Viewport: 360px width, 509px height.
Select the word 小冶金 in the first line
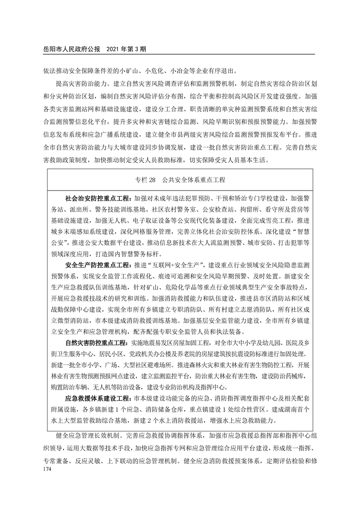[180, 71]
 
